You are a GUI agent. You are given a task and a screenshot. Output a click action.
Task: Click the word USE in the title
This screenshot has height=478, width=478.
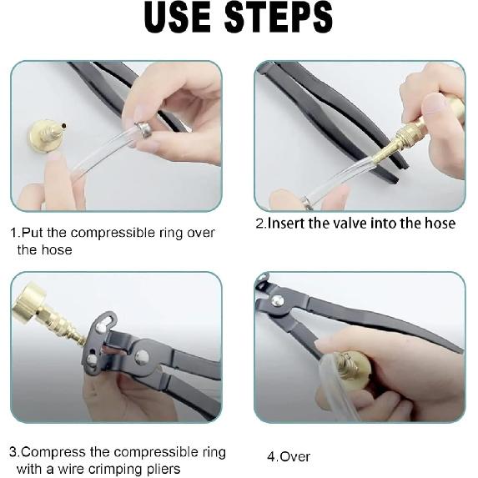[177, 17]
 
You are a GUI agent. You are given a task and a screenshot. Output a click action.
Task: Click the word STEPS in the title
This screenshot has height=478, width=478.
[279, 17]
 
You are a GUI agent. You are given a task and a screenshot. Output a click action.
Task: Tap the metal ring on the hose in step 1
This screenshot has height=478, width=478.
[144, 129]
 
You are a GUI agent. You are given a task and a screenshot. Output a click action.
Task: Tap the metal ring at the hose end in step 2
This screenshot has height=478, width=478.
[307, 203]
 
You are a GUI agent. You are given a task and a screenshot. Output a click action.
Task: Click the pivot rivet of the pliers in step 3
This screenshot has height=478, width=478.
[142, 356]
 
